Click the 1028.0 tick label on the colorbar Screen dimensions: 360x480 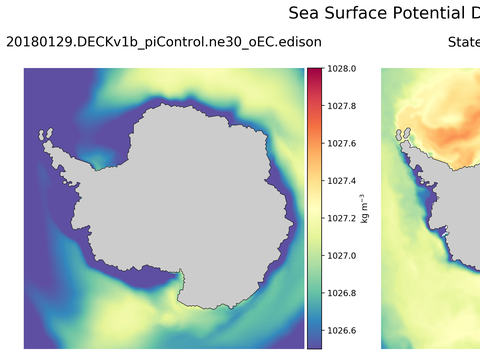(x=343, y=69)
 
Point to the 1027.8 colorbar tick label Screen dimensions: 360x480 (x=343, y=106)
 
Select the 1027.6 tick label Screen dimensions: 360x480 (x=343, y=143)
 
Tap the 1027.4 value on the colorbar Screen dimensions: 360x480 (x=343, y=181)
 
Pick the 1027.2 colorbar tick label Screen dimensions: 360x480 (x=343, y=218)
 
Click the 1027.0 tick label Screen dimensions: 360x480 (x=343, y=256)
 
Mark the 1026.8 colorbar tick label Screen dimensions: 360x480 (x=343, y=293)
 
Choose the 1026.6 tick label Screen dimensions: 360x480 (x=343, y=331)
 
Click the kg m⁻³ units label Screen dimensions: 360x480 (x=365, y=208)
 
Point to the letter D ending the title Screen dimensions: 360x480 (x=473, y=13)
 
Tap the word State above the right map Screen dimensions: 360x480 (x=463, y=42)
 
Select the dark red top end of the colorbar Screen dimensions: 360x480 (x=314, y=72)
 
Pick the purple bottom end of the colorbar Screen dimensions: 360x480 (x=314, y=344)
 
